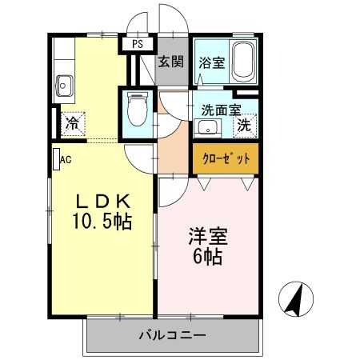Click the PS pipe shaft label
click(138, 44)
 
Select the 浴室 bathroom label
click(211, 61)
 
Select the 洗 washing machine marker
click(245, 125)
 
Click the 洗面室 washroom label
click(216, 111)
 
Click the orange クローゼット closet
click(225, 158)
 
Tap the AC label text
click(66, 159)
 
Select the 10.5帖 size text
click(102, 220)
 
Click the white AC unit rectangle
click(56, 158)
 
